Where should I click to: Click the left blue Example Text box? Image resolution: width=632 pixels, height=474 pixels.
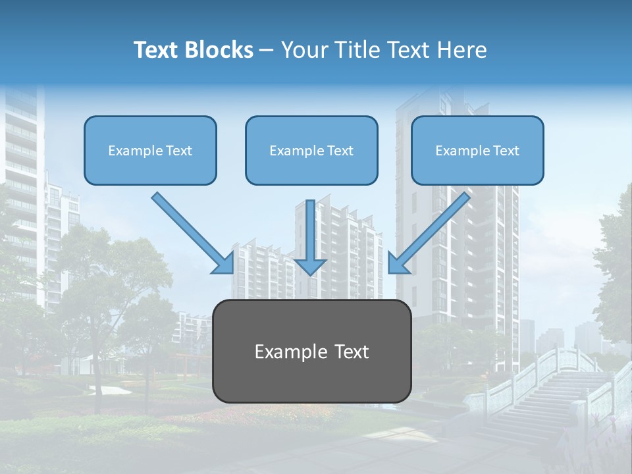150,150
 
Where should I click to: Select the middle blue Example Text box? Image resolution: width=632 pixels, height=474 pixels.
311,150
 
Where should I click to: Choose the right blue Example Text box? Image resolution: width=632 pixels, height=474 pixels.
477,150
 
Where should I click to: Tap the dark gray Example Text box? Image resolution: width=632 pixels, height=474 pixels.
311,351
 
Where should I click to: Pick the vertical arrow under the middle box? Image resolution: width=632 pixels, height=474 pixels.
310,230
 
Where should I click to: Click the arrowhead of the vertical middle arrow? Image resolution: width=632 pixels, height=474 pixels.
310,266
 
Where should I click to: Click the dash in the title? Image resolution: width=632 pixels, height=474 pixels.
266,51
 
